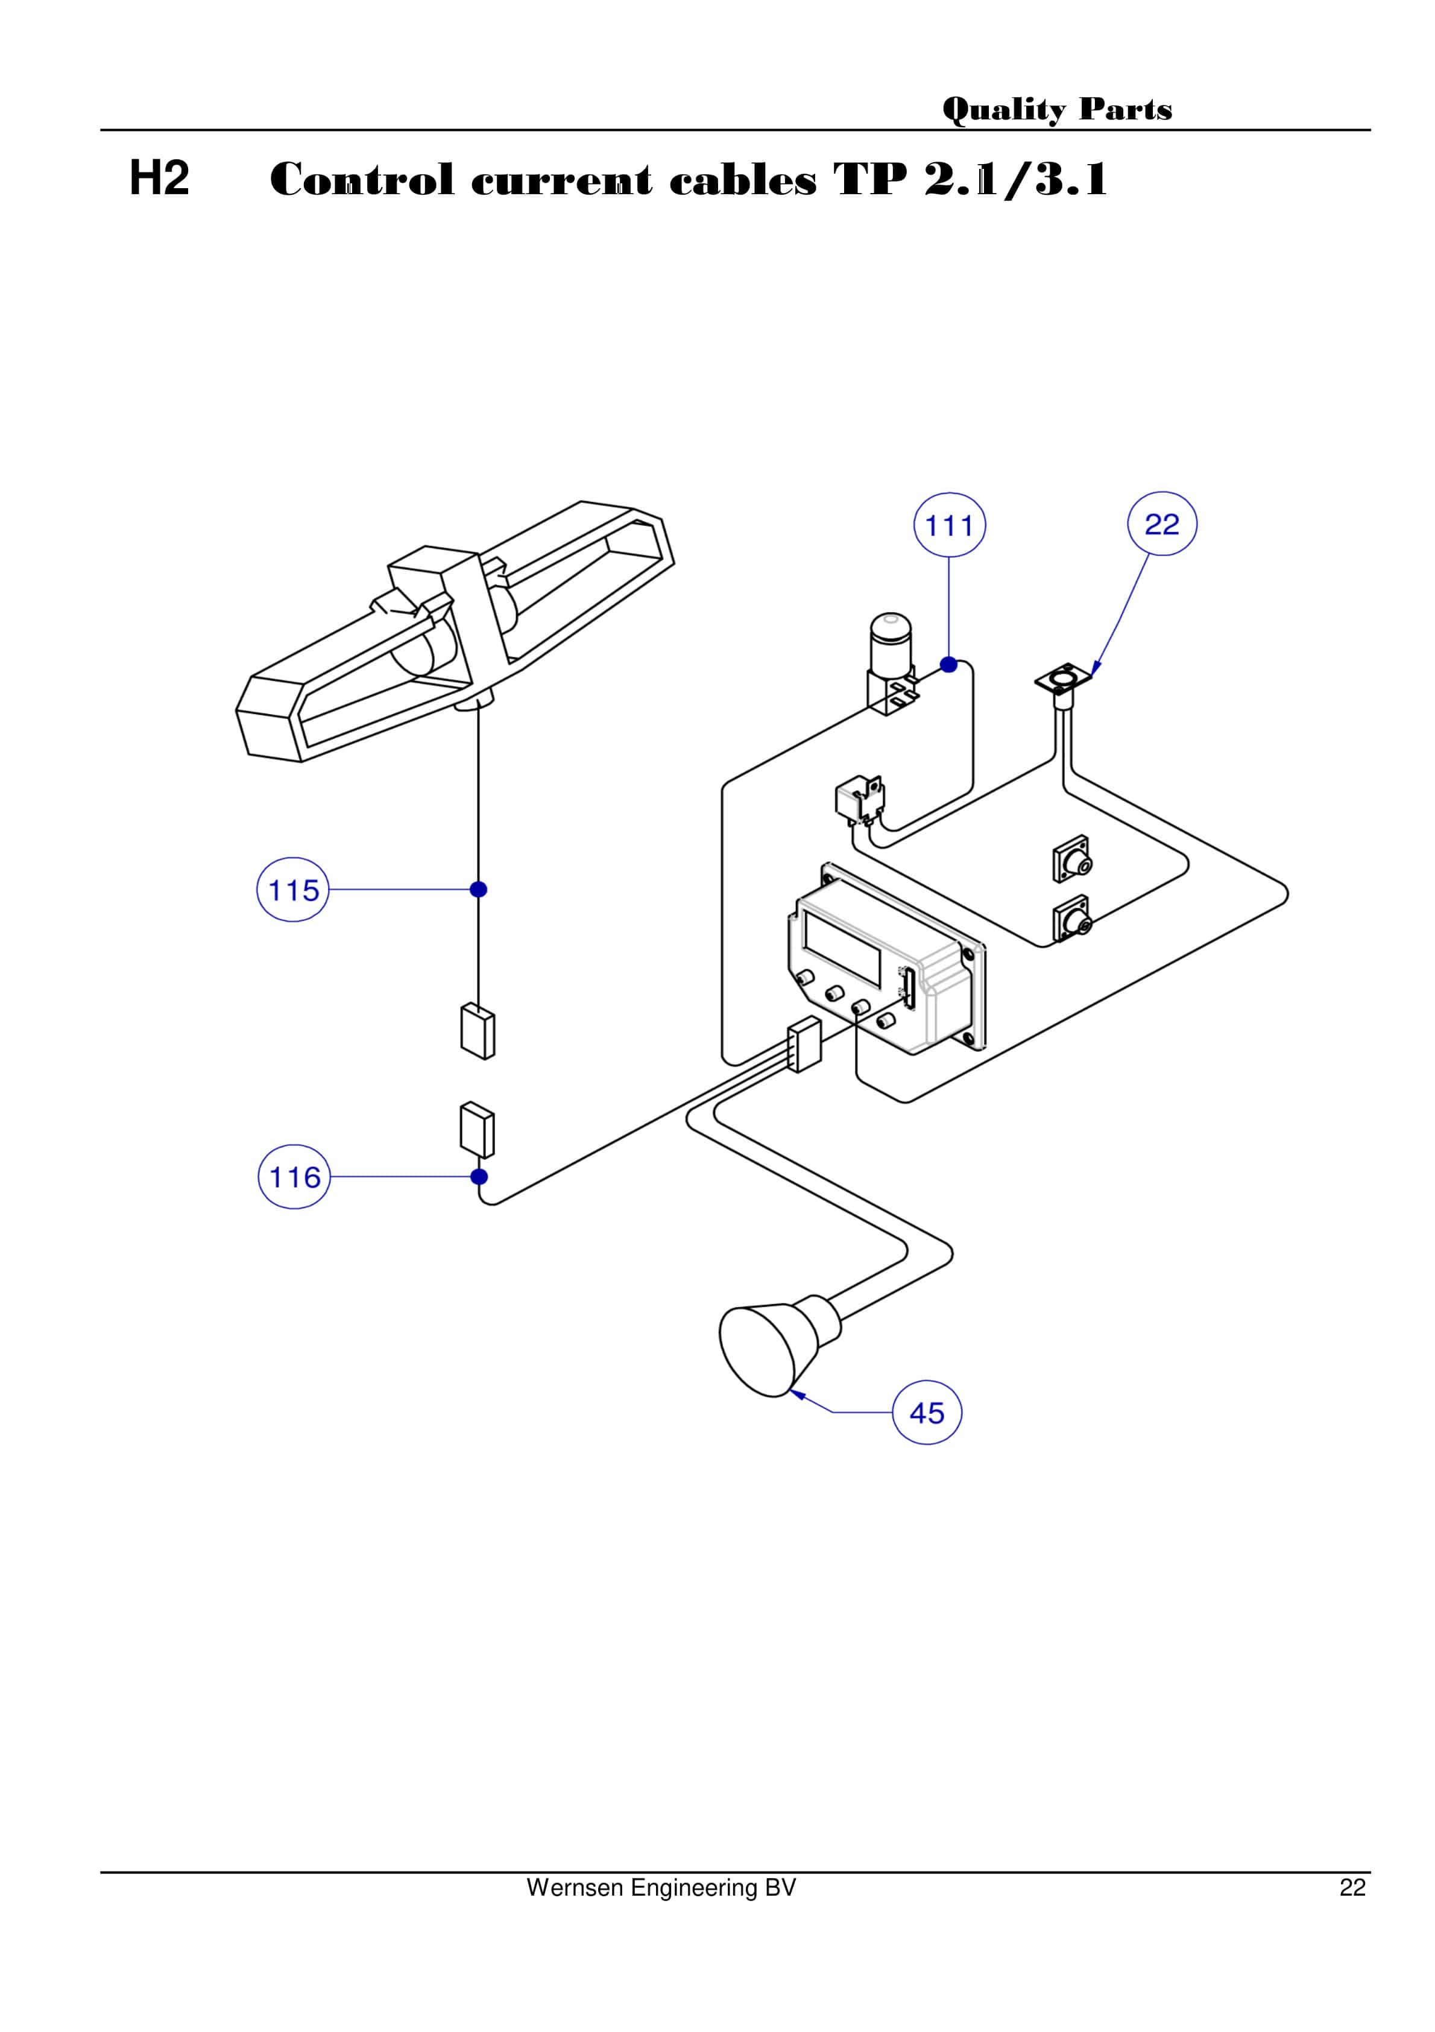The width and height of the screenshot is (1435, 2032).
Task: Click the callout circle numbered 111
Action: coord(948,525)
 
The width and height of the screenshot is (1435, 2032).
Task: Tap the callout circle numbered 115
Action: coord(293,890)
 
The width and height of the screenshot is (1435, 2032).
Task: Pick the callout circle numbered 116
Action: coord(294,1177)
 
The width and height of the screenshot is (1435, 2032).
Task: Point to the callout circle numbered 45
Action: coord(926,1413)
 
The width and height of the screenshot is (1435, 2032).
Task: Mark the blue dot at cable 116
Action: coord(479,1177)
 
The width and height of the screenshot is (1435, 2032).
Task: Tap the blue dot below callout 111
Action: coord(948,665)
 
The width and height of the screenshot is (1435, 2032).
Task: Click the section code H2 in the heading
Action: coord(159,178)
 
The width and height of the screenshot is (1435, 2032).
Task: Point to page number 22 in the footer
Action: coord(1351,1888)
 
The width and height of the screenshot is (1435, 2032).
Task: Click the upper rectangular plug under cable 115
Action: coord(478,1031)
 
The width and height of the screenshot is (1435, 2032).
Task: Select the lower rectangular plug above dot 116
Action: coord(477,1129)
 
